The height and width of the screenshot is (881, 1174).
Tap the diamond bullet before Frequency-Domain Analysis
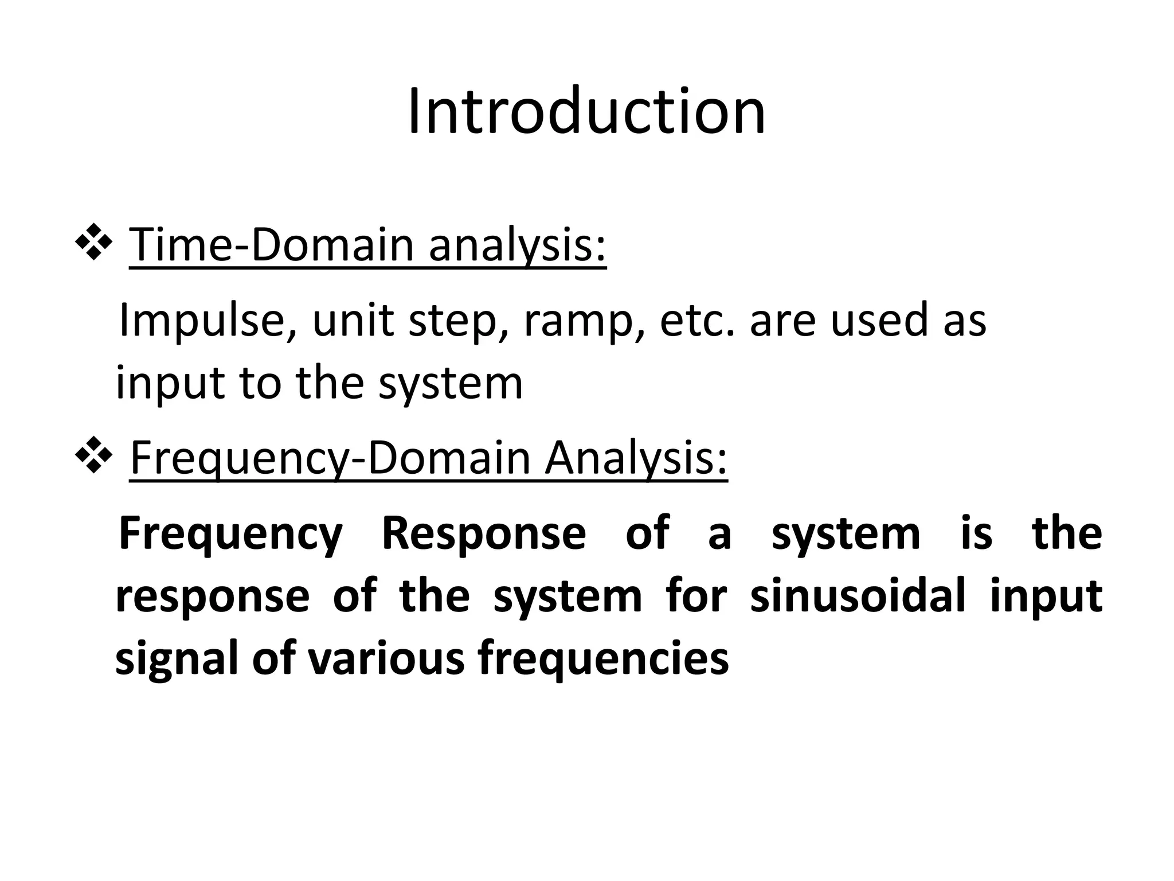[x=93, y=457]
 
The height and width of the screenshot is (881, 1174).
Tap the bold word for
[x=696, y=595]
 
